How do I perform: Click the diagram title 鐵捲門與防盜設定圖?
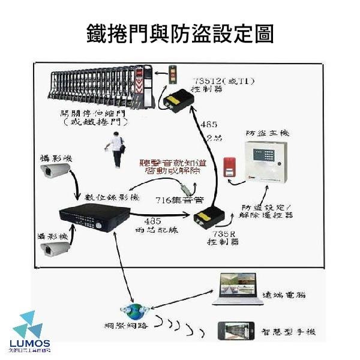180,34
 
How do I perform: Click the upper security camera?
55,173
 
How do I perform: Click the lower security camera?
55,248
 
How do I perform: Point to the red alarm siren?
228,167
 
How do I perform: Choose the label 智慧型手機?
289,332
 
